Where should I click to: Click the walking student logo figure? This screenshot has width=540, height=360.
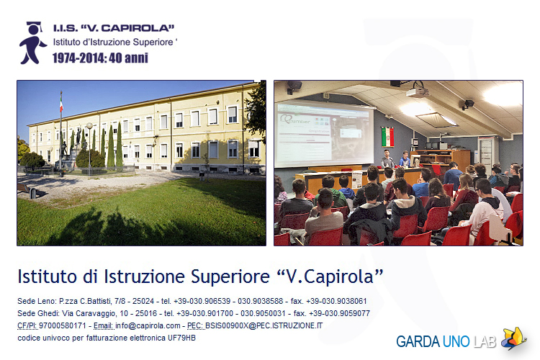(32, 43)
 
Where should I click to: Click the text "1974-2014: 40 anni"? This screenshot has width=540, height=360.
(100, 58)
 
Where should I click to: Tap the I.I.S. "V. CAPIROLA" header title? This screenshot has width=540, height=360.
(114, 28)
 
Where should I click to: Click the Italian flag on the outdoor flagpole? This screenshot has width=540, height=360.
(61, 103)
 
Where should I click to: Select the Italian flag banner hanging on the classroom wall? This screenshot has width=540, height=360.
(388, 136)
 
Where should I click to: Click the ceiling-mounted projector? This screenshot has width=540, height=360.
(418, 92)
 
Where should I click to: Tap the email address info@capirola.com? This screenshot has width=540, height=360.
(148, 325)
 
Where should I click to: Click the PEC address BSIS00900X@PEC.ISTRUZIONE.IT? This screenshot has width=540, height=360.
(264, 325)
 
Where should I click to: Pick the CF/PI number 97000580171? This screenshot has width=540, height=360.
(63, 325)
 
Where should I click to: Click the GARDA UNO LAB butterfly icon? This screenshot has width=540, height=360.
(513, 338)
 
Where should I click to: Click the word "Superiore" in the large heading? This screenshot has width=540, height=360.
(230, 276)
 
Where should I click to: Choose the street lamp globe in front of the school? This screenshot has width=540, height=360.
(89, 126)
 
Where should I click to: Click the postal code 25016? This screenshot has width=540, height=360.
(146, 313)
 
